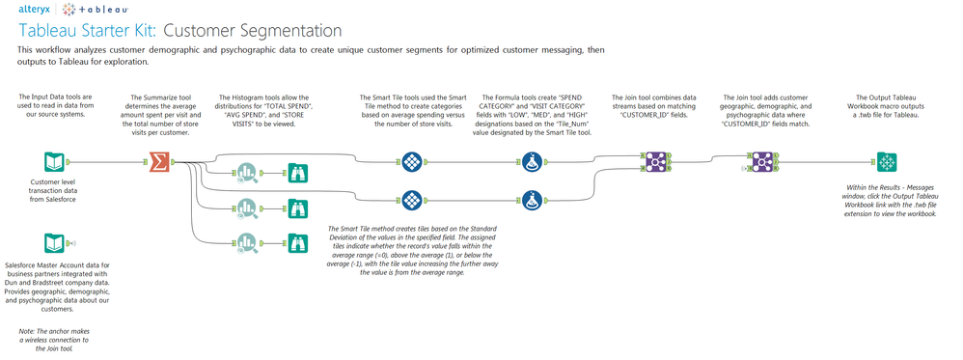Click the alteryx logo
[x=38, y=11]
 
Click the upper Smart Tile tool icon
[x=412, y=161]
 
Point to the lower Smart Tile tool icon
[x=412, y=202]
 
